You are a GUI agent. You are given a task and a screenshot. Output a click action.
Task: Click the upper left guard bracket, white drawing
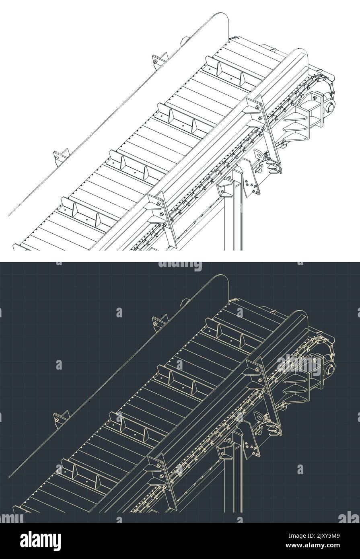click(x=160, y=60)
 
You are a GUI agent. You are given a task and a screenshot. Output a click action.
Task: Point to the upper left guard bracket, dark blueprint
click(x=160, y=322)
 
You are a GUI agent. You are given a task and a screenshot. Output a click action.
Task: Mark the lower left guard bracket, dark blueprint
click(x=61, y=418)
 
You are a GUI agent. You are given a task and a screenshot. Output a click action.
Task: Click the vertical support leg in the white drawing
click(x=237, y=217)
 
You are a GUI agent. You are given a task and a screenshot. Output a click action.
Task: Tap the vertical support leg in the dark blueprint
click(x=237, y=479)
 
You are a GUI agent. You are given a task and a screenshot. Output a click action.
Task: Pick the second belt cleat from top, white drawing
click(x=183, y=119)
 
